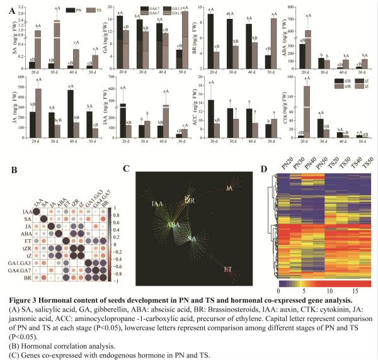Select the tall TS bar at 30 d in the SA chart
click(55, 38)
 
